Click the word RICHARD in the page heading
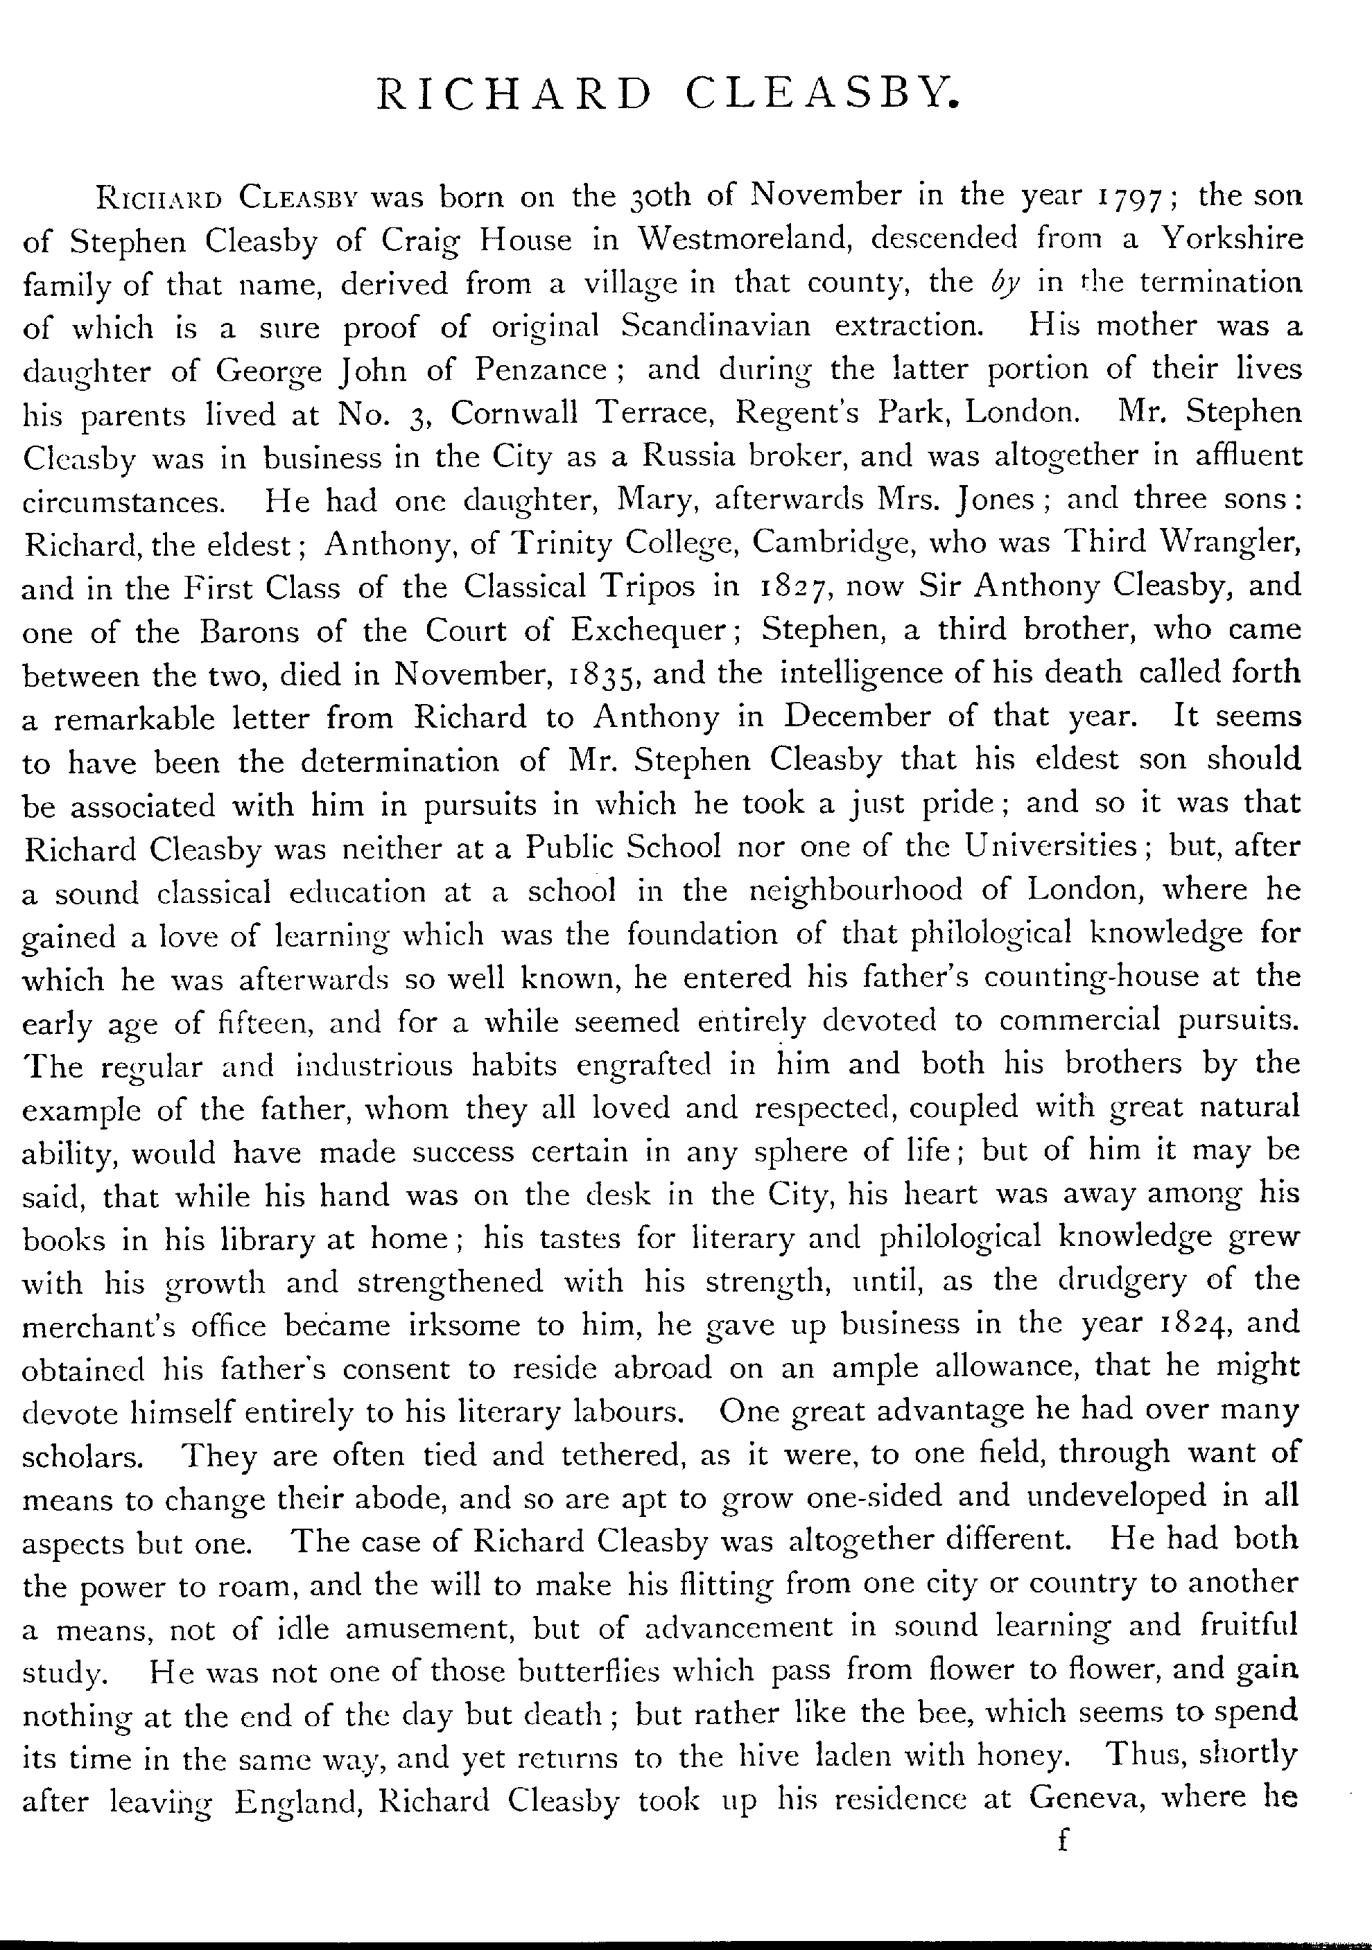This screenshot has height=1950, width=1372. pos(512,94)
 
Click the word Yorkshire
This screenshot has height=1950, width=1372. pos(1232,240)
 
